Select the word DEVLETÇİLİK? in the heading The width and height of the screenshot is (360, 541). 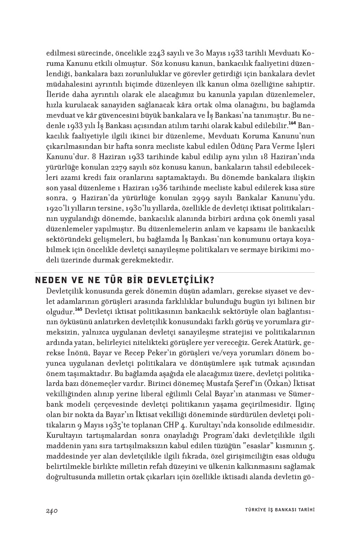click(x=173, y=280)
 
